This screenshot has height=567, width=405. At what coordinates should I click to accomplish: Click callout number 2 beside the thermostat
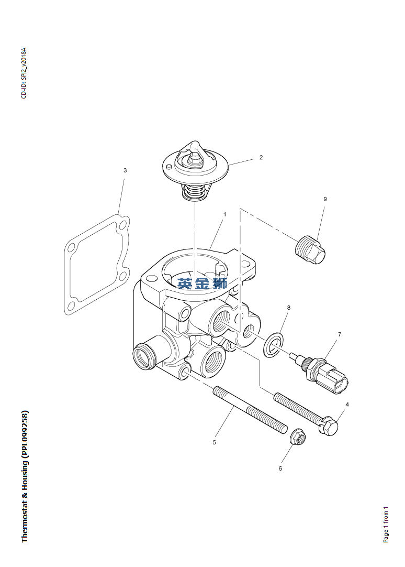pyautogui.click(x=261, y=157)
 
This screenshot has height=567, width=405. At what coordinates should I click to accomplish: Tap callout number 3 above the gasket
pyautogui.click(x=125, y=170)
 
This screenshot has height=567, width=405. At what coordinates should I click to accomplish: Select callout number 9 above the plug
pyautogui.click(x=325, y=199)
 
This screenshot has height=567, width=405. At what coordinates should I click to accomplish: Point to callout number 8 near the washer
pyautogui.click(x=288, y=308)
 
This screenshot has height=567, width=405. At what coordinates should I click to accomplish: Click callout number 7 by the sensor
pyautogui.click(x=339, y=334)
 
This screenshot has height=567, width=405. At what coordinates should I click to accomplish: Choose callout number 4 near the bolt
pyautogui.click(x=347, y=404)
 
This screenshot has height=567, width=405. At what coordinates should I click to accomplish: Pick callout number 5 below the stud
pyautogui.click(x=214, y=442)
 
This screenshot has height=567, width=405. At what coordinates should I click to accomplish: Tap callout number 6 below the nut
pyautogui.click(x=280, y=468)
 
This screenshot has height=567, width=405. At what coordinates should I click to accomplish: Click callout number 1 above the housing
pyautogui.click(x=224, y=214)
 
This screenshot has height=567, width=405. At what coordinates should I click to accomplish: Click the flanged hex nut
pyautogui.click(x=298, y=437)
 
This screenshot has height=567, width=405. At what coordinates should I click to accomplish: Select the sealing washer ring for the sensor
pyautogui.click(x=273, y=345)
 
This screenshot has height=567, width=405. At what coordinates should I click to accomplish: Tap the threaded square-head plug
pyautogui.click(x=310, y=251)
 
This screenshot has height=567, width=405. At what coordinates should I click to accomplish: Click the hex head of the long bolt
pyautogui.click(x=329, y=426)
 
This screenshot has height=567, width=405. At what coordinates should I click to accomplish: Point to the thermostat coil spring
pyautogui.click(x=195, y=191)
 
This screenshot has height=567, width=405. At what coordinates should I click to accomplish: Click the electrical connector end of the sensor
pyautogui.click(x=336, y=381)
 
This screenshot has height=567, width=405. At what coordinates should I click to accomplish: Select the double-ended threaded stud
pyautogui.click(x=250, y=410)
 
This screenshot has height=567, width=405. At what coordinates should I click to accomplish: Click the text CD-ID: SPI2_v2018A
pyautogui.click(x=24, y=73)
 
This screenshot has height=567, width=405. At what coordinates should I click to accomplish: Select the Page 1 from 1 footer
pyautogui.click(x=386, y=524)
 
